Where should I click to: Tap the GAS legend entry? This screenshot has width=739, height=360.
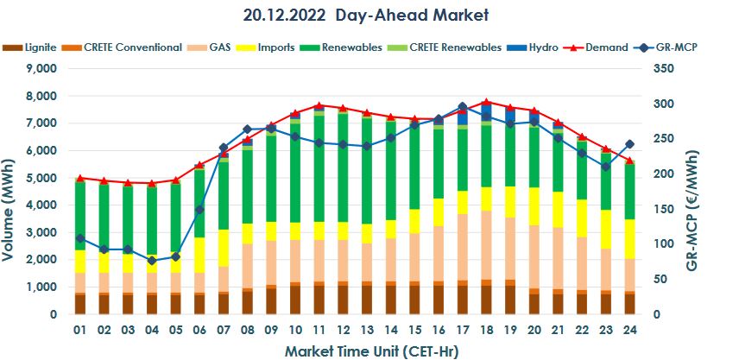click(219, 47)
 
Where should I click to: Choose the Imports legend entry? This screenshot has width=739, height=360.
click(275, 47)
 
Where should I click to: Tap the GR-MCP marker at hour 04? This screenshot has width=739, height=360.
click(152, 260)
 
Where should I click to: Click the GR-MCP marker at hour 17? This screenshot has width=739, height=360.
click(462, 106)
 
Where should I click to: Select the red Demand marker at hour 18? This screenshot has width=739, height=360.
click(486, 102)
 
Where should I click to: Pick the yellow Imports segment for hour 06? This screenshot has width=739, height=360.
click(199, 256)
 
